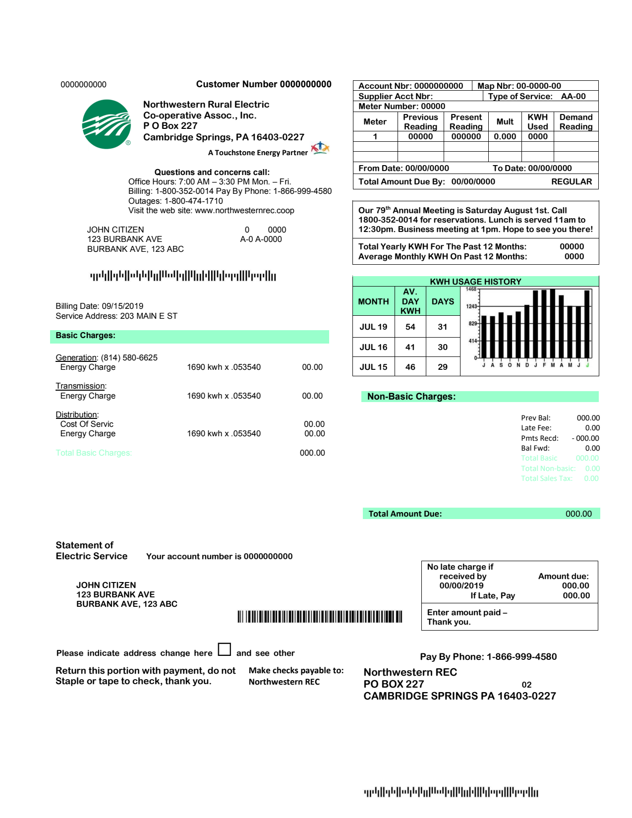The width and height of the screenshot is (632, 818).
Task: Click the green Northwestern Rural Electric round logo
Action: click(x=107, y=124)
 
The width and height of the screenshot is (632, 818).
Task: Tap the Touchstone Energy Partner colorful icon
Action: click(x=320, y=148)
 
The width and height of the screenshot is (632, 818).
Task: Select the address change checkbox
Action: click(x=225, y=649)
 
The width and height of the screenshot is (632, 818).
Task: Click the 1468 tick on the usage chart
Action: click(x=471, y=289)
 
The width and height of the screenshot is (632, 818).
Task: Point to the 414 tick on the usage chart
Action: click(x=472, y=341)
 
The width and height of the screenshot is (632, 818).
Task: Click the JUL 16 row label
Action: click(x=373, y=347)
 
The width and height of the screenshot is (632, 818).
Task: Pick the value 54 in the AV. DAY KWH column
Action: click(x=410, y=327)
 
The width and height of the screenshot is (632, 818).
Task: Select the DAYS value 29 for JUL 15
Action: click(x=443, y=367)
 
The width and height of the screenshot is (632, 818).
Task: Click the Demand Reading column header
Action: click(x=575, y=121)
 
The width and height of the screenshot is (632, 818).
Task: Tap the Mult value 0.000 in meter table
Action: click(x=505, y=136)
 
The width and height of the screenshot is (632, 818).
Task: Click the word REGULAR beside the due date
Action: click(x=572, y=181)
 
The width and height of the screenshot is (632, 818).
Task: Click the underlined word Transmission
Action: click(x=80, y=386)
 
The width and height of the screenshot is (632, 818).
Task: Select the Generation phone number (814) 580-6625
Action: click(x=129, y=357)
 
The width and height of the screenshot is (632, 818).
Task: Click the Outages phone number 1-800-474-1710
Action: click(x=193, y=201)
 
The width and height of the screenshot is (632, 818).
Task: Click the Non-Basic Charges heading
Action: click(x=411, y=397)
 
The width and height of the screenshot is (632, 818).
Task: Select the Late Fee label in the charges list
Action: click(x=536, y=428)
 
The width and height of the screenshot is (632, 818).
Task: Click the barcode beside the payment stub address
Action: click(x=320, y=616)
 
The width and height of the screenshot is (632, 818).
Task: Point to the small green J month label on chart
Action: click(x=587, y=365)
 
